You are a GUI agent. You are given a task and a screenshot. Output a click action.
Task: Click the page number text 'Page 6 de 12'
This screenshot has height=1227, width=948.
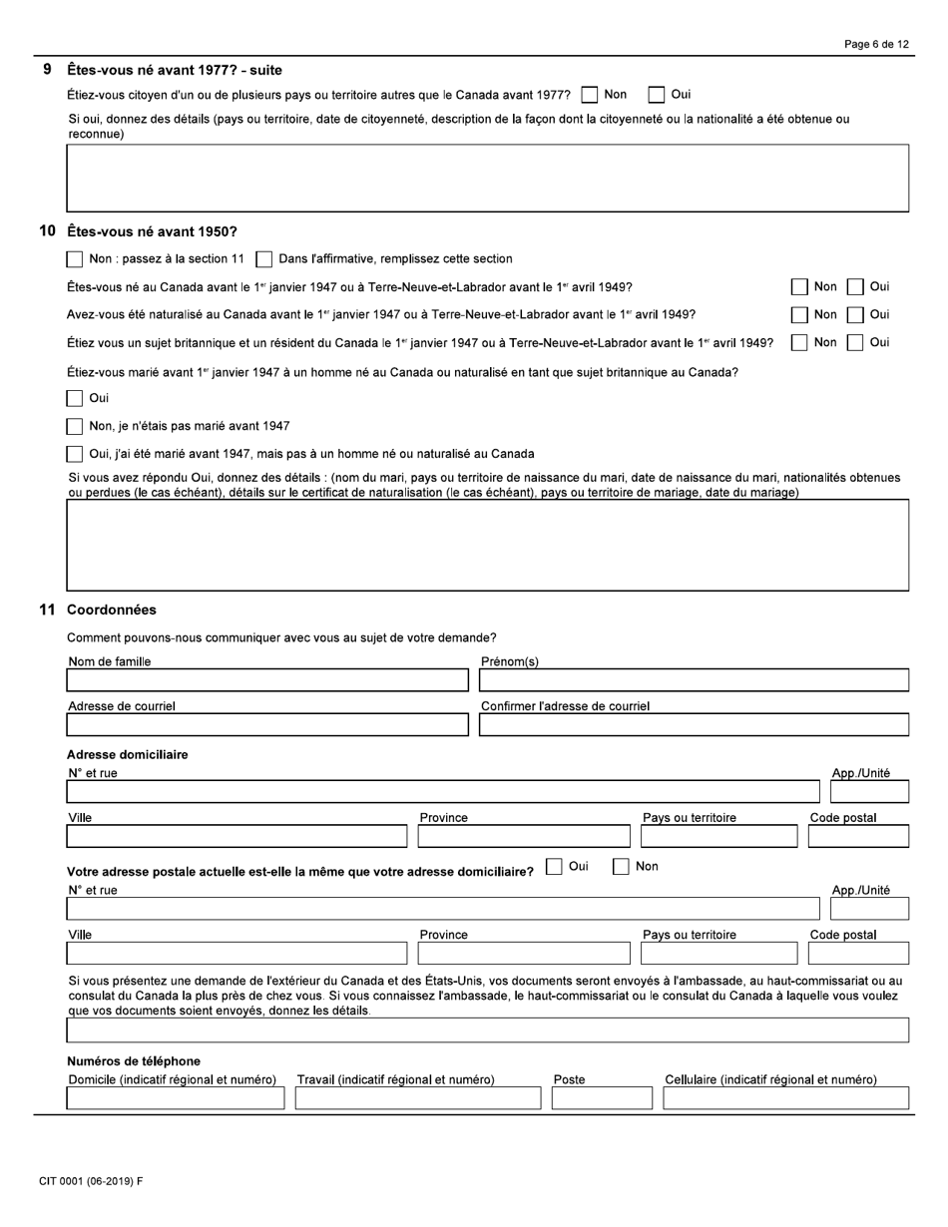(x=876, y=45)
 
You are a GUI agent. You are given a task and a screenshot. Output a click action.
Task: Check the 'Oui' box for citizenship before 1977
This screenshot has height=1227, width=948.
(x=657, y=95)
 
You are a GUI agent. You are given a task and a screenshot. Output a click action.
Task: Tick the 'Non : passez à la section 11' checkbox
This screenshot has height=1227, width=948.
(x=75, y=259)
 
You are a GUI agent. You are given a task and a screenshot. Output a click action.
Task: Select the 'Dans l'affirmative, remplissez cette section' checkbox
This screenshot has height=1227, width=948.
(x=264, y=259)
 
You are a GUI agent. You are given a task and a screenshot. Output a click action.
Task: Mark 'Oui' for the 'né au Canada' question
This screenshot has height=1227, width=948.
(x=855, y=287)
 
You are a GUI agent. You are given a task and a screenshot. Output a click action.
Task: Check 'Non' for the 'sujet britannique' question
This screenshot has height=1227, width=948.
(x=799, y=343)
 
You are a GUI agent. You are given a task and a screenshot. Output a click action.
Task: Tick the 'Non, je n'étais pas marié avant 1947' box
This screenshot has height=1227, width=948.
(x=75, y=427)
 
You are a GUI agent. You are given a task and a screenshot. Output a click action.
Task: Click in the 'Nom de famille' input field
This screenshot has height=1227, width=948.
(x=266, y=680)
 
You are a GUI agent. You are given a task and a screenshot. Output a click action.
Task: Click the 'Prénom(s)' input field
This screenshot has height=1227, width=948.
(x=694, y=680)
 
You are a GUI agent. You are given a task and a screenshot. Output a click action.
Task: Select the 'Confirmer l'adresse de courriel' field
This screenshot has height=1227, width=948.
(x=694, y=724)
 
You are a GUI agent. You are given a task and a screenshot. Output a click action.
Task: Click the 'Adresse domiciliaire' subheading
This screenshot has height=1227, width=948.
(x=127, y=754)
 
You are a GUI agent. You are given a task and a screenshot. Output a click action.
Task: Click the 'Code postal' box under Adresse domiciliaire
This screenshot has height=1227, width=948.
(x=858, y=836)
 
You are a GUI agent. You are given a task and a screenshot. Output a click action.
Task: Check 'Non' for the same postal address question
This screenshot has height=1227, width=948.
(x=621, y=867)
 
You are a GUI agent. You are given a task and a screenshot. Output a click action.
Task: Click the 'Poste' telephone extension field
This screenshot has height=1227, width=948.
(x=602, y=1098)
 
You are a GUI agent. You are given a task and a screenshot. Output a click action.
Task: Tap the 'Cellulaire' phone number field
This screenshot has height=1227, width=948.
(x=785, y=1098)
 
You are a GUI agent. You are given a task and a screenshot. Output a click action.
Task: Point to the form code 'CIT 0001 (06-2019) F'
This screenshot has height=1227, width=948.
(x=91, y=1181)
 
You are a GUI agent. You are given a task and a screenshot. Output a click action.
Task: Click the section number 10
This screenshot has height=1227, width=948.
(x=47, y=231)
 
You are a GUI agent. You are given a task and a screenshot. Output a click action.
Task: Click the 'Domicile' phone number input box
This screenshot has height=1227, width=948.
(x=175, y=1098)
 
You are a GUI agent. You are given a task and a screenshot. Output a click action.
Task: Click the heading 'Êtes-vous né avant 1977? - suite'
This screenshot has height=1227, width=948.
(x=174, y=70)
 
